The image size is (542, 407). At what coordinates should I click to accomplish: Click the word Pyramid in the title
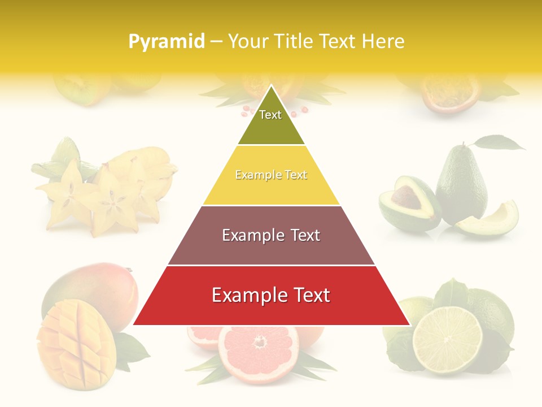tap(166, 42)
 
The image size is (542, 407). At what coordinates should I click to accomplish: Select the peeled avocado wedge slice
tap(489, 220)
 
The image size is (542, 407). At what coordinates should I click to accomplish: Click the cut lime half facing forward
tap(447, 339)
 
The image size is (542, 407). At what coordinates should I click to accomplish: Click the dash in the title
tap(216, 42)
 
